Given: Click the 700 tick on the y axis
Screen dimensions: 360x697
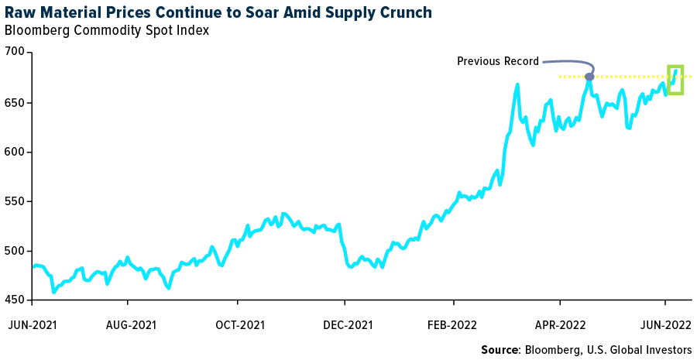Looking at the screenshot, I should [15, 53].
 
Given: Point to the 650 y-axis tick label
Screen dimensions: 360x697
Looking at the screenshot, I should [15, 102].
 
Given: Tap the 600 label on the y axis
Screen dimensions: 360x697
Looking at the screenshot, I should [15, 152].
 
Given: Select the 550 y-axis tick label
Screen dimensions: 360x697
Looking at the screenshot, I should [15, 201].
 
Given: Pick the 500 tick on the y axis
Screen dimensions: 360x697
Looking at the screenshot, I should [15, 251].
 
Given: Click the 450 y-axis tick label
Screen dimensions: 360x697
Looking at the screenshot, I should [15, 300].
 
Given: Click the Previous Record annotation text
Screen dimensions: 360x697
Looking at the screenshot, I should [496, 61].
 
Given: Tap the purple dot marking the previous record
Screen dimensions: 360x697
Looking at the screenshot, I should [589, 76].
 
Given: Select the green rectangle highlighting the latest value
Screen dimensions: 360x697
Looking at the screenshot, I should [675, 80].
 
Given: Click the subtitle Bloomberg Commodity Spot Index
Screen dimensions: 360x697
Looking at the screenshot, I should [106, 31].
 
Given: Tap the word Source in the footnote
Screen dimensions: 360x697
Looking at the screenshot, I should [500, 350].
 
